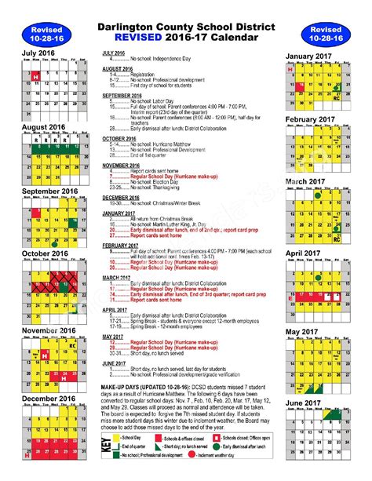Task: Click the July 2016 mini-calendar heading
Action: [x=39, y=54]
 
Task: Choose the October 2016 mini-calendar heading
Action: [x=46, y=253]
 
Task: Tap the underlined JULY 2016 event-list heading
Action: [x=115, y=53]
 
